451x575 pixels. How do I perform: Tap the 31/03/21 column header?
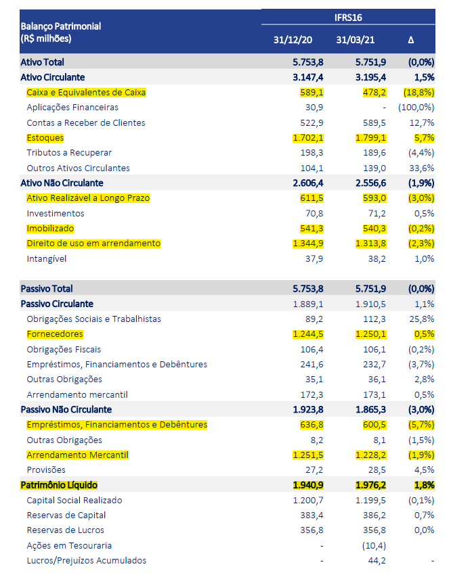pos(356,40)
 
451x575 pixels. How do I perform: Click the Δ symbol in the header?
pos(411,40)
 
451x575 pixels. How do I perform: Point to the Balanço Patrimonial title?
pos(61,26)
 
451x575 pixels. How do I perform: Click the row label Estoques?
pos(45,138)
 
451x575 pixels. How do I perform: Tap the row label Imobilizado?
pos(50,228)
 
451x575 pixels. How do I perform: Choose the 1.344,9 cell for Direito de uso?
pos(309,243)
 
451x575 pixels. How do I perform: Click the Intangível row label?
pos(47,258)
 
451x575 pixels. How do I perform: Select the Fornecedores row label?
pos(55,334)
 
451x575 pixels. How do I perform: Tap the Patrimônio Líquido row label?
pos(59,485)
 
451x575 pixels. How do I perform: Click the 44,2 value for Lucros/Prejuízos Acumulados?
pos(377,560)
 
